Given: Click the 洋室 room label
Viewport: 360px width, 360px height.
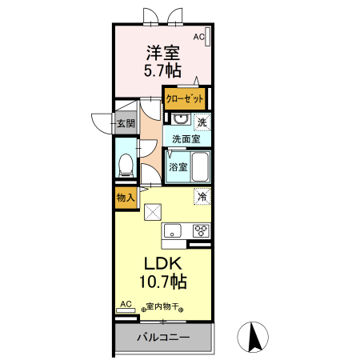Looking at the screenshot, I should (162, 53).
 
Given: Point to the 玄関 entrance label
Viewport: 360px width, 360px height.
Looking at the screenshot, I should (124, 123).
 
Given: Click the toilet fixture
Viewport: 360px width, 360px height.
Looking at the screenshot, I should (125, 166).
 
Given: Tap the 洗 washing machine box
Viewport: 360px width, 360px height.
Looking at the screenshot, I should (202, 122).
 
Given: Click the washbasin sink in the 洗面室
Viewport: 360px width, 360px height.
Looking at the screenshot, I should (180, 120).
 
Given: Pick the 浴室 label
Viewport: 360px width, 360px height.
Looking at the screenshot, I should (178, 167).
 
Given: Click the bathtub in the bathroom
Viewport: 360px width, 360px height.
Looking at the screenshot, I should (199, 166).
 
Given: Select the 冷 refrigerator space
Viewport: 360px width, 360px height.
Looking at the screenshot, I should (202, 196).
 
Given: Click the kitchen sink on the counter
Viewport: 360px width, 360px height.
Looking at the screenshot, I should (174, 231).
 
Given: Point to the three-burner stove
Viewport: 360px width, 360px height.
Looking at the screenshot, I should (200, 231).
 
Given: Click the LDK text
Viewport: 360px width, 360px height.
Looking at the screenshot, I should (164, 264).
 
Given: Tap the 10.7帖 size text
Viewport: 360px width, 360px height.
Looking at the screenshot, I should (164, 282).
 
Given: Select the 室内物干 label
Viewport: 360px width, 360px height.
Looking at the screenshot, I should (163, 306).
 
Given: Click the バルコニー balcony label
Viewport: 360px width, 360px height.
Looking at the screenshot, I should (162, 338).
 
